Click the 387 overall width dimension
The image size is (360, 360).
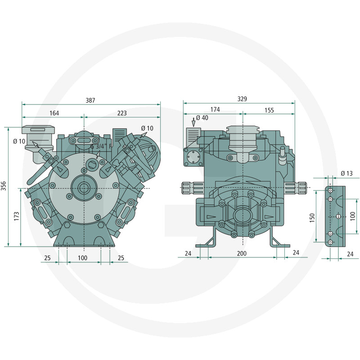click(90, 100)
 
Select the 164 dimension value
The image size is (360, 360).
click(54, 113)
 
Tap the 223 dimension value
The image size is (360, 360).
click(122, 113)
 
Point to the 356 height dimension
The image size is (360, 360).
click(4, 186)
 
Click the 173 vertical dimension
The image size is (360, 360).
click(17, 216)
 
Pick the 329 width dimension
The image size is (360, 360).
click(242, 99)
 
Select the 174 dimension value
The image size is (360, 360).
click(215, 109)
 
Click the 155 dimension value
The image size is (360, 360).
click(269, 110)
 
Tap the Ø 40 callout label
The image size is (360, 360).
click(202, 118)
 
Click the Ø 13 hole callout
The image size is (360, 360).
click(346, 174)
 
